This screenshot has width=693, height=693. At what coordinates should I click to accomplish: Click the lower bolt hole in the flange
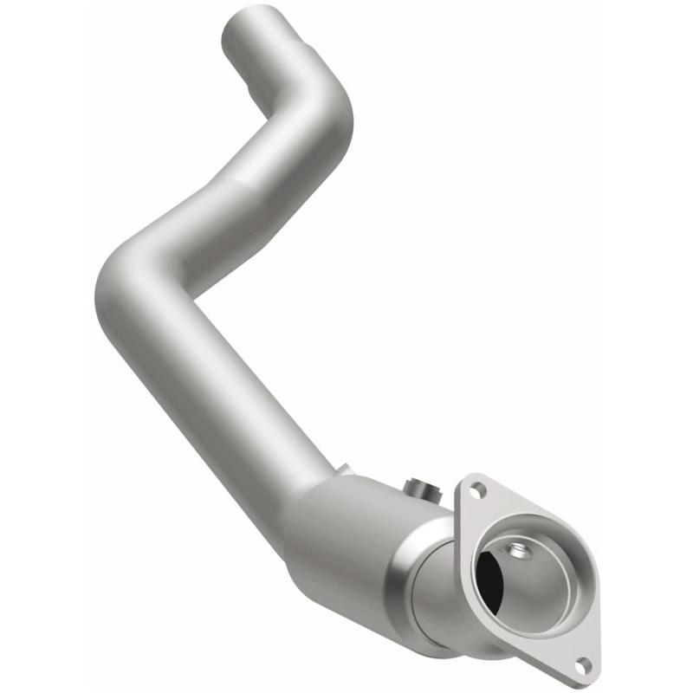pos(582,665)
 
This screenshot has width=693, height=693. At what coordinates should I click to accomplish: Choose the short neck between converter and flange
pos(442,598)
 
